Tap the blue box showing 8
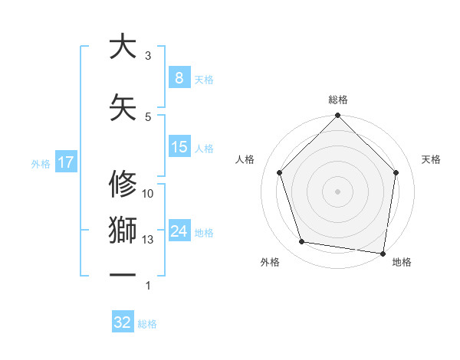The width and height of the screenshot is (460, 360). pyautogui.click(x=179, y=78)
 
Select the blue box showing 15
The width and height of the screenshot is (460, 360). pyautogui.click(x=179, y=147)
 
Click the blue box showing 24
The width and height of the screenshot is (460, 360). pyautogui.click(x=179, y=231)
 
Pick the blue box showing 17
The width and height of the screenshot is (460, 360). pyautogui.click(x=65, y=162)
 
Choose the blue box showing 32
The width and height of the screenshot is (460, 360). pyautogui.click(x=123, y=323)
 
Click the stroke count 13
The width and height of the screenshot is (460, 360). pyautogui.click(x=148, y=240)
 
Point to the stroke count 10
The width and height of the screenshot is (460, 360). pyautogui.click(x=148, y=194)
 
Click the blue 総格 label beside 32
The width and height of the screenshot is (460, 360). pyautogui.click(x=147, y=324)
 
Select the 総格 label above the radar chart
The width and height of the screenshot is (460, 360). pyautogui.click(x=337, y=100)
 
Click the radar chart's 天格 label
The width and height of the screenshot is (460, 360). pyautogui.click(x=432, y=159)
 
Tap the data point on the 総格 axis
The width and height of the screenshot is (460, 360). pyautogui.click(x=337, y=116)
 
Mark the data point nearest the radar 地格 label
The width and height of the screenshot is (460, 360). pyautogui.click(x=383, y=253)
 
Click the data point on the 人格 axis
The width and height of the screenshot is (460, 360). pyautogui.click(x=279, y=172)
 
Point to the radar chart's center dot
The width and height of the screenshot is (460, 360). pyautogui.click(x=337, y=191)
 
